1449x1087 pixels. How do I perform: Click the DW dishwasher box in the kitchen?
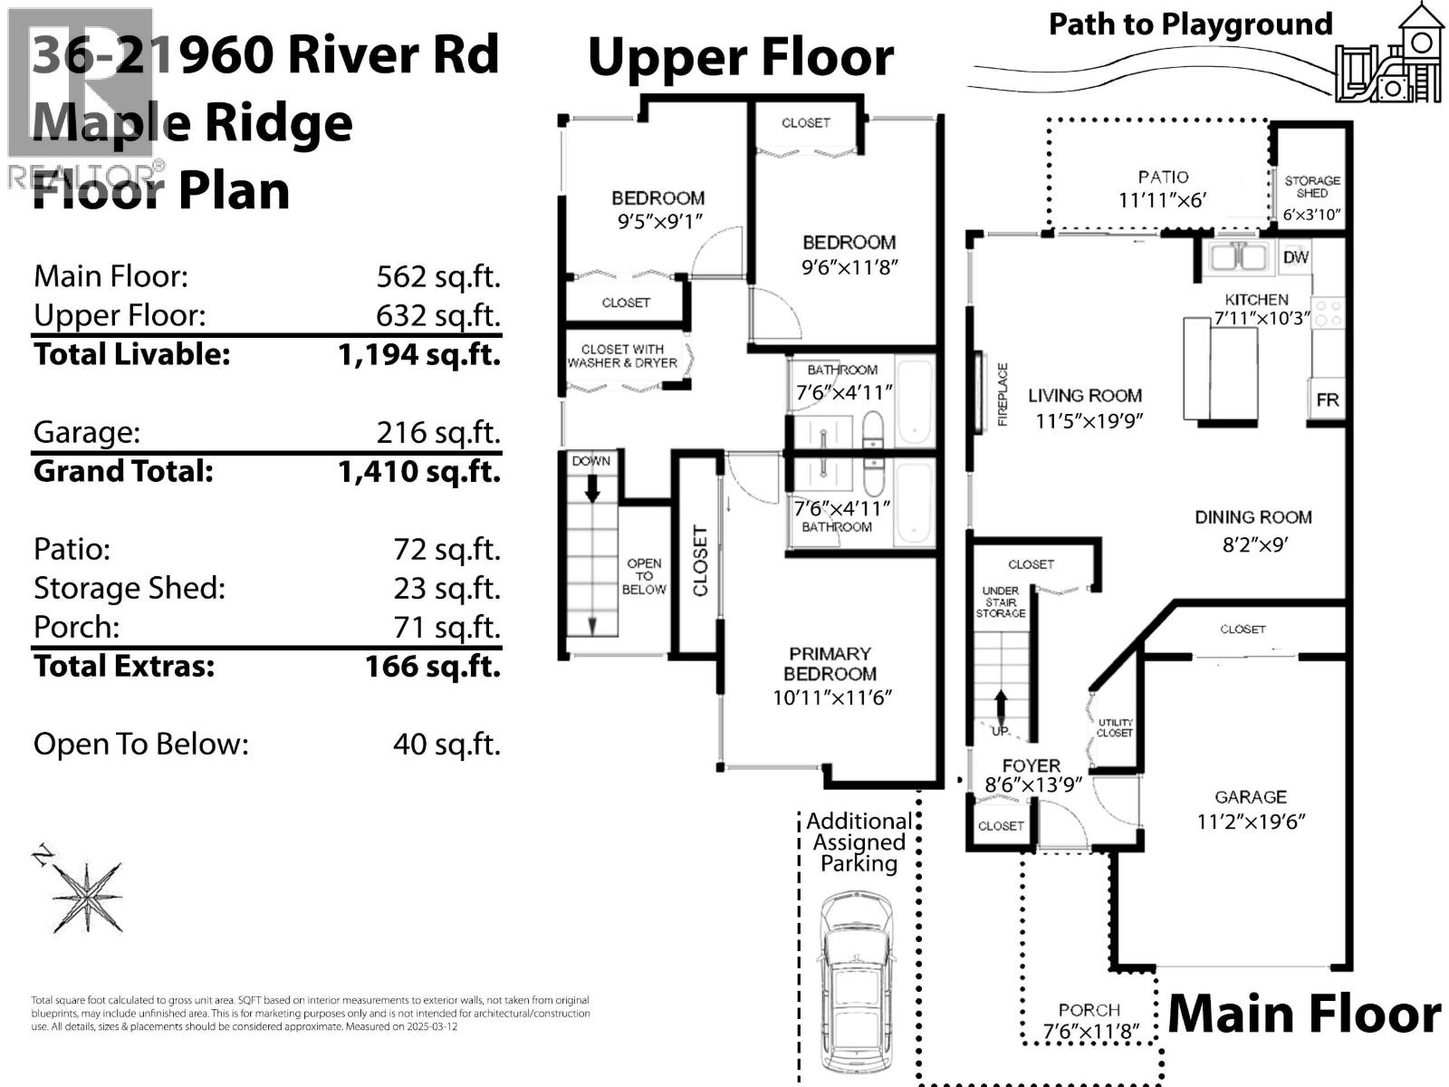click(x=1296, y=257)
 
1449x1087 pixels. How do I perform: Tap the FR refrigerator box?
click(x=1327, y=399)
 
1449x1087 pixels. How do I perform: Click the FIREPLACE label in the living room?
click(x=1003, y=395)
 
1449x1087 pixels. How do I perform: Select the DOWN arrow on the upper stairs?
click(x=591, y=488)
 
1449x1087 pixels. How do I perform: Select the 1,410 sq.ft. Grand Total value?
click(x=418, y=471)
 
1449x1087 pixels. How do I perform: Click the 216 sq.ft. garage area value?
click(x=438, y=432)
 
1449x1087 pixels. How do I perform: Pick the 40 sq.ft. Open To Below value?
click(x=446, y=744)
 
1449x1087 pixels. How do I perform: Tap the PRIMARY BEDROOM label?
click(x=830, y=663)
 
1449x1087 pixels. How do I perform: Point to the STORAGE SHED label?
click(x=1311, y=187)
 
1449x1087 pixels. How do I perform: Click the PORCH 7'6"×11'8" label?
click(x=1089, y=1021)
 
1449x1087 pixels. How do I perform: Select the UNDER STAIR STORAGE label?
click(x=1000, y=601)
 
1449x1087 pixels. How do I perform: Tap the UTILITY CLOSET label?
click(x=1114, y=727)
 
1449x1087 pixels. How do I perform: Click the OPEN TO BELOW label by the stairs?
click(x=644, y=576)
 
